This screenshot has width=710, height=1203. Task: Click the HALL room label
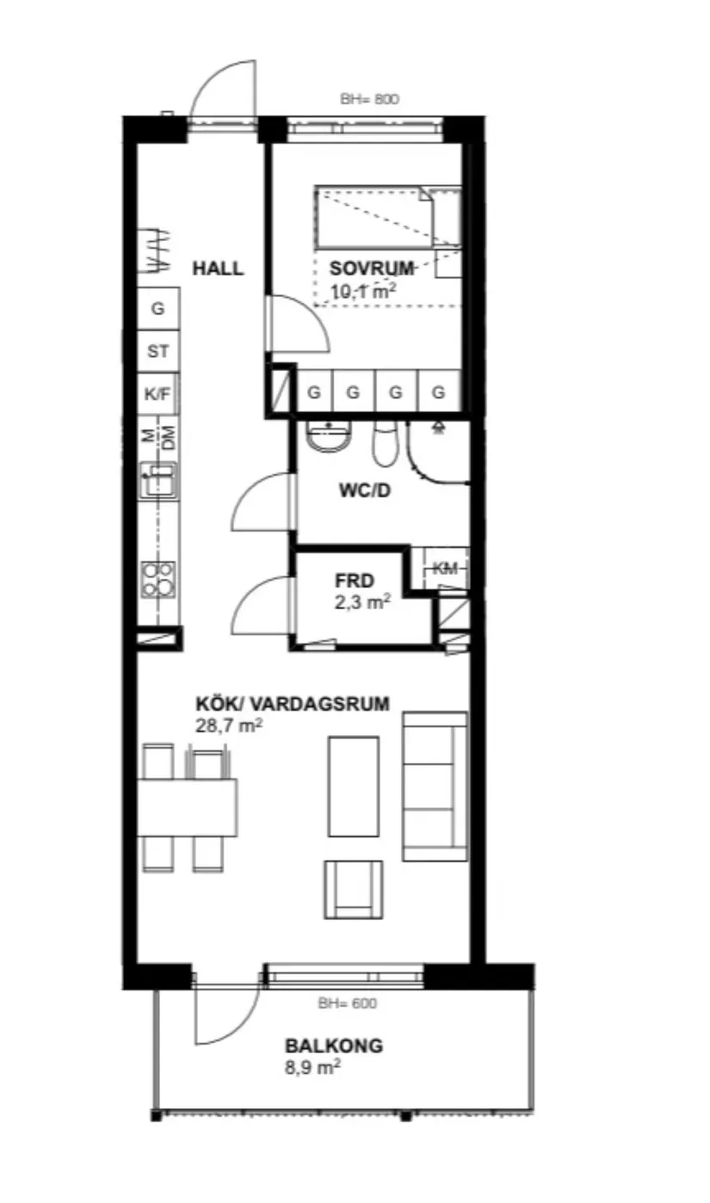point(217,268)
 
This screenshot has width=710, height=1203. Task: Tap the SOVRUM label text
point(372,268)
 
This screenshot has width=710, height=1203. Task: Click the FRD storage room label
point(361,581)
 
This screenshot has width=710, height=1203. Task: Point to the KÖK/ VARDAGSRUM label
point(293,704)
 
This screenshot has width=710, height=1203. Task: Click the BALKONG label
point(334,1046)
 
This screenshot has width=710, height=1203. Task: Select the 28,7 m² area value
point(229,726)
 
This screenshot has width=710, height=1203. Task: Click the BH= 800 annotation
point(370,99)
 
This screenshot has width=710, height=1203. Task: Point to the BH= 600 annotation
point(347,1002)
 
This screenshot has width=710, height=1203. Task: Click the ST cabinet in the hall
point(157,351)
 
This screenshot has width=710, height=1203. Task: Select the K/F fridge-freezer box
point(157,394)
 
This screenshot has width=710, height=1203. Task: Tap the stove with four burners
point(158,579)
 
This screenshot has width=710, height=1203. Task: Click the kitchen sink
point(158,479)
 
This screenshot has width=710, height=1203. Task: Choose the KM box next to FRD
point(445,568)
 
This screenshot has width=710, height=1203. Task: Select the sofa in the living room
point(435,786)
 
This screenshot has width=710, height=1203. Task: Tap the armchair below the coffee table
point(353,889)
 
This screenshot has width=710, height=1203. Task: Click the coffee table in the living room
point(353,786)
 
